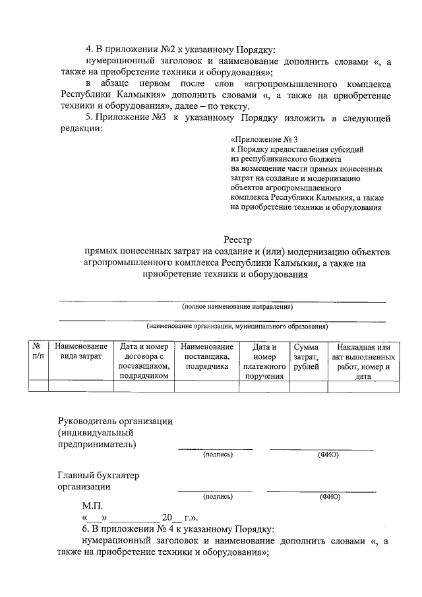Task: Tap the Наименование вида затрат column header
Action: (x=81, y=351)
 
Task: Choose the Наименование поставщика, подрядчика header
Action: (x=206, y=356)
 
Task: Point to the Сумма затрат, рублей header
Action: (x=306, y=356)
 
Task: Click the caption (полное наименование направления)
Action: (x=237, y=307)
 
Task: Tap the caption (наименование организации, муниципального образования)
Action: (x=237, y=326)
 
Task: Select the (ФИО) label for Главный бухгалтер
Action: (x=329, y=497)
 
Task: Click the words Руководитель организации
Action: (x=115, y=421)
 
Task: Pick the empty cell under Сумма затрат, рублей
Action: (x=306, y=386)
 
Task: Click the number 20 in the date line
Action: (x=167, y=518)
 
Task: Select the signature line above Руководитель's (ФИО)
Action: (x=322, y=449)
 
